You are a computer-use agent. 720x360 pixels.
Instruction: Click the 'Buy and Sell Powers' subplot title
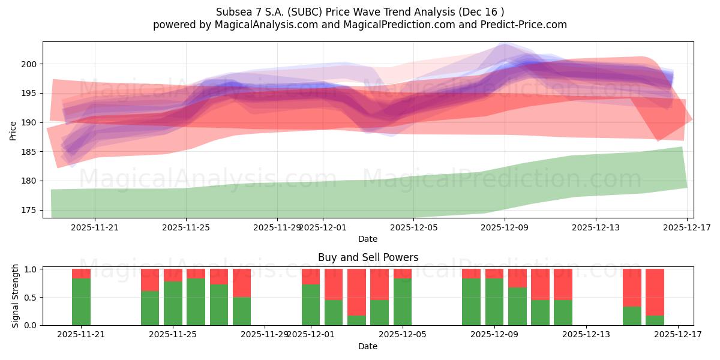tap(368, 257)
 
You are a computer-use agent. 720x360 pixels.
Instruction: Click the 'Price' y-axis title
tap(13, 130)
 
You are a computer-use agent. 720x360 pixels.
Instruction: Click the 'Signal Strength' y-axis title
tap(16, 296)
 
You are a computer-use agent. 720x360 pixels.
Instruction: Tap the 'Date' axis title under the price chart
tap(368, 239)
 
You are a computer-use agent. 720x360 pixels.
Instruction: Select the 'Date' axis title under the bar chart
tap(368, 346)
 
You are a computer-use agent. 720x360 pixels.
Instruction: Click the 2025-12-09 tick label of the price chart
tap(505, 227)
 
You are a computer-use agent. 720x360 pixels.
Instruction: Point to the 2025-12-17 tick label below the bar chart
tap(677, 335)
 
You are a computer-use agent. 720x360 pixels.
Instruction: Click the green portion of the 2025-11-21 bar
tap(81, 302)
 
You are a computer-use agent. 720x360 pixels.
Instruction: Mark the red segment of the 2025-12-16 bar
tap(655, 292)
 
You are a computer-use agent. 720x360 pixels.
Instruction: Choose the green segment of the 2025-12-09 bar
tap(494, 302)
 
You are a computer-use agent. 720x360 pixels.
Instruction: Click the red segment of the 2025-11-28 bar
tap(242, 283)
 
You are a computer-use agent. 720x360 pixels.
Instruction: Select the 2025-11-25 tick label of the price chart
tap(186, 227)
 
